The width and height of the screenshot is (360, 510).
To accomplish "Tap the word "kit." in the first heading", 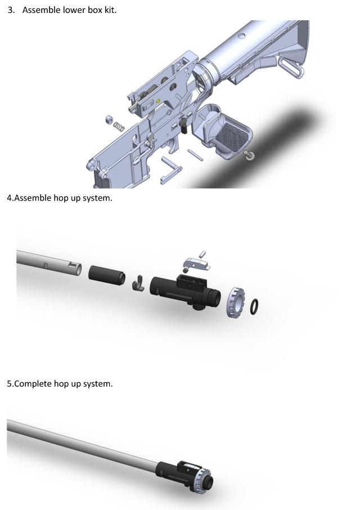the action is click(x=110, y=10).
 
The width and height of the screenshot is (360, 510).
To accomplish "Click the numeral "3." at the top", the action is click(x=11, y=10).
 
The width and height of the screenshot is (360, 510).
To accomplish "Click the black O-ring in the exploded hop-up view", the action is click(x=254, y=307).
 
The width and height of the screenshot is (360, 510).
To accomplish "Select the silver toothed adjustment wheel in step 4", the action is click(x=235, y=303).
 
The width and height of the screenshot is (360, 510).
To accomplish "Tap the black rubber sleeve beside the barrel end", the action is click(x=107, y=276).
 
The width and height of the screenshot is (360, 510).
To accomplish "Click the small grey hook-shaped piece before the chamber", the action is click(x=138, y=283).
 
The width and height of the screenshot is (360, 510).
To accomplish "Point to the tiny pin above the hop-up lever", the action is click(x=202, y=254).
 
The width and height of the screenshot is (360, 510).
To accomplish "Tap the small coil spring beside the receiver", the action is click(x=119, y=127).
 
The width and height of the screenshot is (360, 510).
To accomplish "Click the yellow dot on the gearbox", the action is click(x=158, y=101).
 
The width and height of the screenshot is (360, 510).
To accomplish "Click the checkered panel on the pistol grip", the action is click(x=232, y=135).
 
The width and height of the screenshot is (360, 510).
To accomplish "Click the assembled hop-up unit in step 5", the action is click(x=184, y=476).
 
